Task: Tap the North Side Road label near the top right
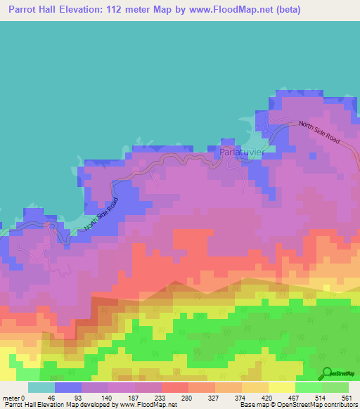pos(319,133)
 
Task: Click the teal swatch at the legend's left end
pos(41,388)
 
